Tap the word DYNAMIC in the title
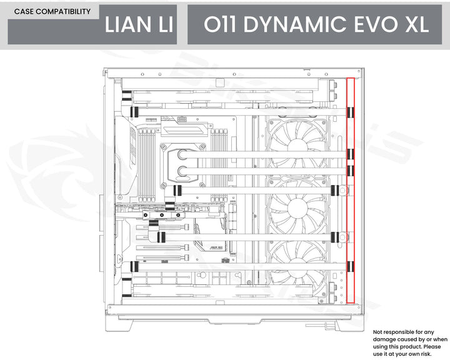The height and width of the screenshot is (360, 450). click(x=292, y=25)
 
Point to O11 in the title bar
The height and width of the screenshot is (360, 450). click(x=220, y=25)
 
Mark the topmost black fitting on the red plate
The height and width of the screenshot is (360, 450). click(x=350, y=112)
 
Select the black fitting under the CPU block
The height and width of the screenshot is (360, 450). click(x=177, y=188)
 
